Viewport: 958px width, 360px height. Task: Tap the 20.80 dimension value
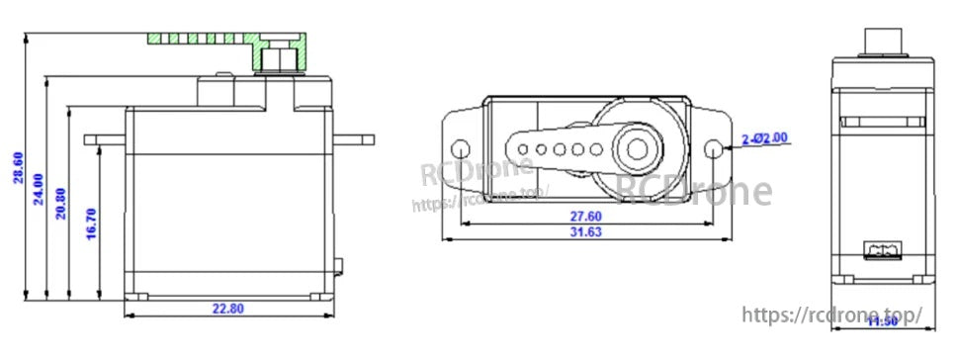click(61, 202)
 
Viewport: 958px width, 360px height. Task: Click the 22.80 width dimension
click(228, 308)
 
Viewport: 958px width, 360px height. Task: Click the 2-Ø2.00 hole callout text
click(766, 138)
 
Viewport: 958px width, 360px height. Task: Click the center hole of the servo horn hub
click(635, 149)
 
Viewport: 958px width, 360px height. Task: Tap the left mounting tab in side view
click(104, 139)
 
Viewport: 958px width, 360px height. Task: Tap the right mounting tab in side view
click(355, 139)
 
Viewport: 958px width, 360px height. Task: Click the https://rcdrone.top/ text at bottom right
click(830, 315)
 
